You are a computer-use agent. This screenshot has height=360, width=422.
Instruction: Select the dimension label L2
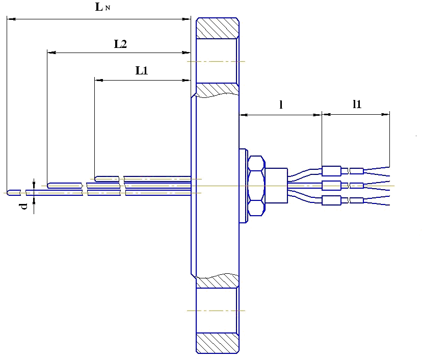[120, 44]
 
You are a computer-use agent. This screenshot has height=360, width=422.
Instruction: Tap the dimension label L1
[142, 71]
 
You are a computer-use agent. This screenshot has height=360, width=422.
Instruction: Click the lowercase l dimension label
[281, 105]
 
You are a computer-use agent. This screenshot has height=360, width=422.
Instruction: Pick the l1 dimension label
[357, 105]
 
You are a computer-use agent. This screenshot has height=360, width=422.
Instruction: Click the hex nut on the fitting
[255, 186]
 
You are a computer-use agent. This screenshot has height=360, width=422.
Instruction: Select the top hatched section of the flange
[218, 28]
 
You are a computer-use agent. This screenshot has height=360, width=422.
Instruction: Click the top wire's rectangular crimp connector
[331, 170]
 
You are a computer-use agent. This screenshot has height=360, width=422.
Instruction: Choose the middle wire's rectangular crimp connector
[331, 185]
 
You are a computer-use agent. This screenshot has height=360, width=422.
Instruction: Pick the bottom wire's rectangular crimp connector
[331, 200]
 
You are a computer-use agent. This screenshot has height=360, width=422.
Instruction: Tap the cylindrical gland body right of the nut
[276, 186]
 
